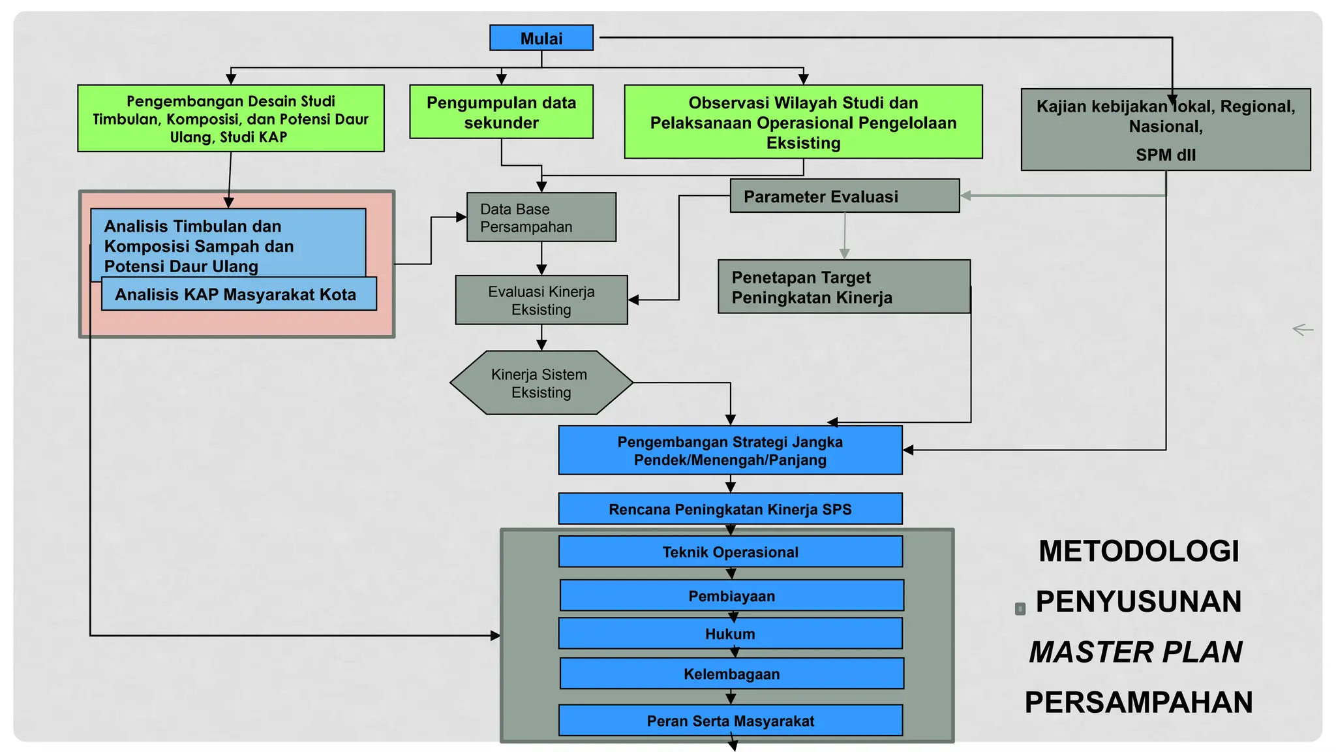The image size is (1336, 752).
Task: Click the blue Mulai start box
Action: (x=541, y=38)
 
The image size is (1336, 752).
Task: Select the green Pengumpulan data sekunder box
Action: (x=501, y=112)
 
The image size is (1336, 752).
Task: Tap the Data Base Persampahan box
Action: (x=541, y=217)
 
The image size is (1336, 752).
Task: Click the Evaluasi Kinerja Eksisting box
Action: (x=541, y=300)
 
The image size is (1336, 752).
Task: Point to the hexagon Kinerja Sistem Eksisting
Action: (x=541, y=383)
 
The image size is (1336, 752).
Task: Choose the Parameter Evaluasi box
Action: (x=844, y=196)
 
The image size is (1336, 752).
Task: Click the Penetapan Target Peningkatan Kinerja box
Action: (x=843, y=287)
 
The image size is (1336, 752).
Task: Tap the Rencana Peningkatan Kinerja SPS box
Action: (x=730, y=509)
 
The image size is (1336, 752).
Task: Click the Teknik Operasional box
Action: (x=730, y=552)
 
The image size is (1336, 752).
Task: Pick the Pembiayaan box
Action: (x=731, y=596)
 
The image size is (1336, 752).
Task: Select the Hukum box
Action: (x=730, y=634)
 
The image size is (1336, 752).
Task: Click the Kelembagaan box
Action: (x=731, y=674)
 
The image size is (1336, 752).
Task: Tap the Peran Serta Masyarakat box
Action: (x=730, y=721)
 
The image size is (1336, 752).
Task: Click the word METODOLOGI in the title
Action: (x=1138, y=552)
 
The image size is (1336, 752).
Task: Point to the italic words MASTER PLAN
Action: (x=1135, y=652)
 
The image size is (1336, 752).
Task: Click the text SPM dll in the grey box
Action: (x=1165, y=155)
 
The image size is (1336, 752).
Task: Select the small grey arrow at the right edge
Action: (x=1303, y=330)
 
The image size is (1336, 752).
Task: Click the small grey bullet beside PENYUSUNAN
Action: (x=1020, y=609)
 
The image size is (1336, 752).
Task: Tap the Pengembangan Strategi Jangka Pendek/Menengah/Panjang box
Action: (x=730, y=450)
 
